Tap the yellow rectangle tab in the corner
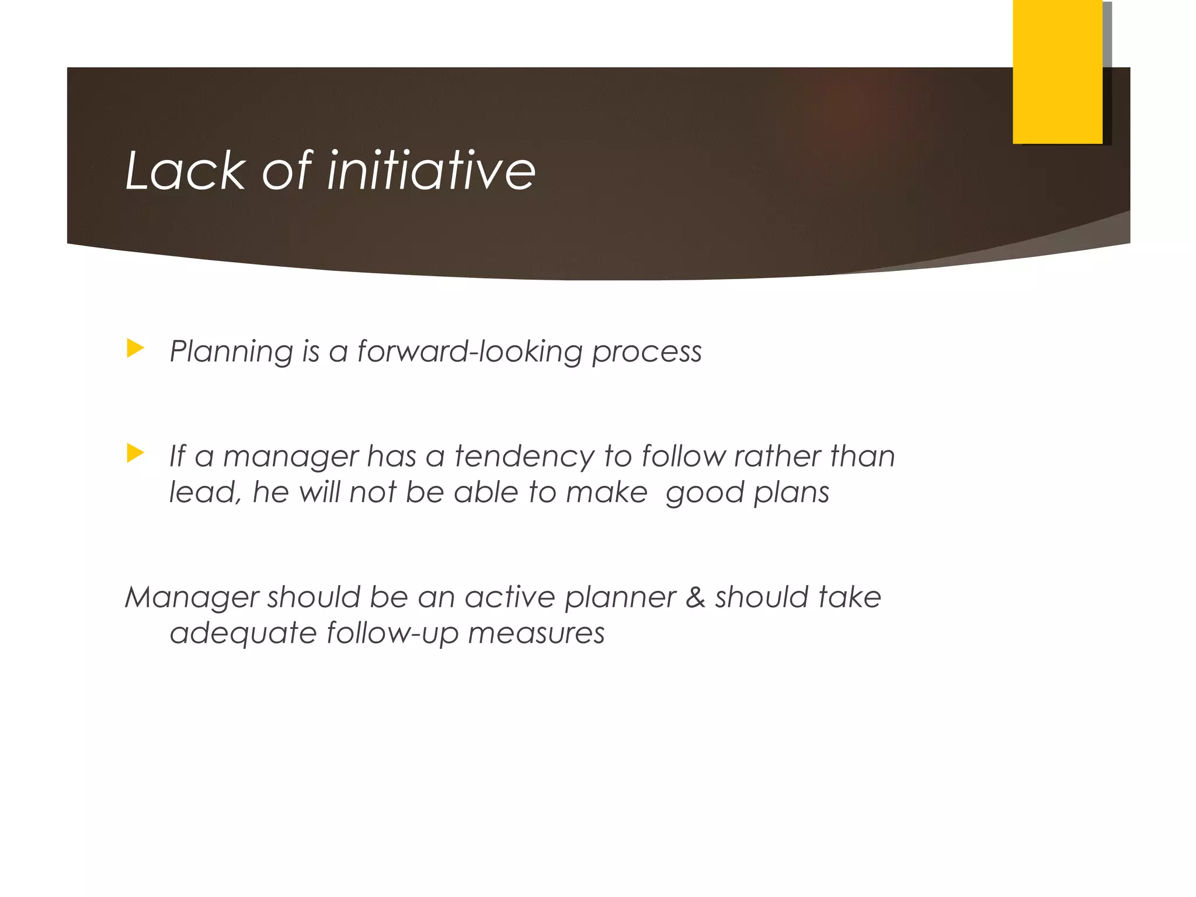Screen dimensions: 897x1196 1057,71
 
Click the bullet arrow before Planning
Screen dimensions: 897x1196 135,349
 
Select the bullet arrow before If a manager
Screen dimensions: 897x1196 135,453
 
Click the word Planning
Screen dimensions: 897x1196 231,352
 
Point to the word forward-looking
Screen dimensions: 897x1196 470,352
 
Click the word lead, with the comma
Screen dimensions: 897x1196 205,492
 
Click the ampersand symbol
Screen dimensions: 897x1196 695,597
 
